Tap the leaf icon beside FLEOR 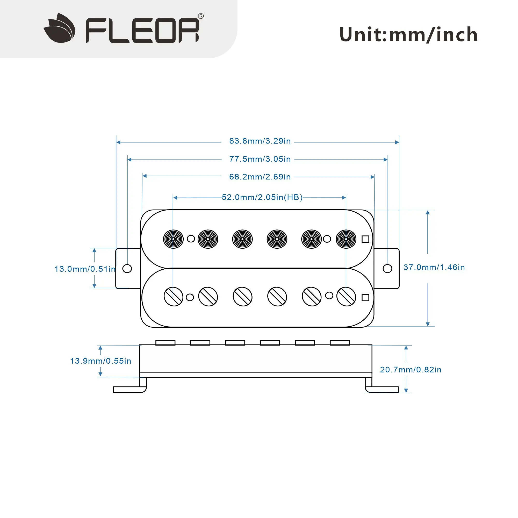click(60, 28)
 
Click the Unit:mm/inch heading click(408, 35)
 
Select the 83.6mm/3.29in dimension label click(260, 141)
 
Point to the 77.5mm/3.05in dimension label click(260, 159)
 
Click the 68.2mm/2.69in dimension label click(260, 177)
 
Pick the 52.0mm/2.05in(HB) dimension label click(262, 197)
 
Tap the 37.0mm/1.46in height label click(434, 267)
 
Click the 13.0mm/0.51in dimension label click(85, 269)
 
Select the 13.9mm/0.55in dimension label click(100, 361)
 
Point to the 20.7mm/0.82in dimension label click(411, 370)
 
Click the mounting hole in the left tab click(127, 268)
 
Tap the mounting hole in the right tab click(387, 268)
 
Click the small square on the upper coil click(365, 239)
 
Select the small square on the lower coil click(365, 297)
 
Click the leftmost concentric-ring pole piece click(173, 239)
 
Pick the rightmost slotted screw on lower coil click(346, 296)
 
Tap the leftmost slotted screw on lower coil click(173, 296)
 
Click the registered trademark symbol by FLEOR click(200, 16)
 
